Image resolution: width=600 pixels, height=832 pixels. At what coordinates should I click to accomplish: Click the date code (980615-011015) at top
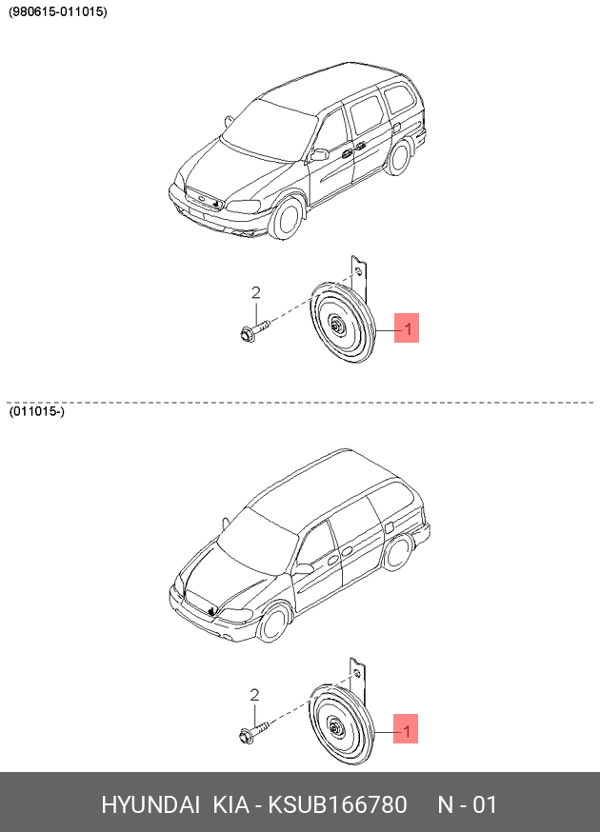57,11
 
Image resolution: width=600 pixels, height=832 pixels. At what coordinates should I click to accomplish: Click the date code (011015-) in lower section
36,411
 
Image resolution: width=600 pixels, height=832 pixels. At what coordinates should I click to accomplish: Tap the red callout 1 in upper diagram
407,327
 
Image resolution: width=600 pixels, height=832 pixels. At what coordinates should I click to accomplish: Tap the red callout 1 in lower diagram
406,728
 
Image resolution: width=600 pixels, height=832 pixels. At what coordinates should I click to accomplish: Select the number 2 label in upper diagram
256,293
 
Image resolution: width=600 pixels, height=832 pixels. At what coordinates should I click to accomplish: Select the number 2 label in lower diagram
254,695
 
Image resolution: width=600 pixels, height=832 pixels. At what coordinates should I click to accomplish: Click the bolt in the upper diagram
255,329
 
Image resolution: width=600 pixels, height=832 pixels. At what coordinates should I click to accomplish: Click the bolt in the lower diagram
253,732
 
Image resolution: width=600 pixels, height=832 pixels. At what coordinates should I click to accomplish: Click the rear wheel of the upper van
398,156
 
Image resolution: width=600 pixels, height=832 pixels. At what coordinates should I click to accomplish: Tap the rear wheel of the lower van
396,552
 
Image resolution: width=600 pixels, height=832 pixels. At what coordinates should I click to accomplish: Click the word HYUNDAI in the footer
150,805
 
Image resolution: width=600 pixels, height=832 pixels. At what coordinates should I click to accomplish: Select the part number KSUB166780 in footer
337,805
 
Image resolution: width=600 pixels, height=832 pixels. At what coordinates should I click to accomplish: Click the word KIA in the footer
231,805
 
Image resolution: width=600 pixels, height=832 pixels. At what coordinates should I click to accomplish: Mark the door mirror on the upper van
320,154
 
